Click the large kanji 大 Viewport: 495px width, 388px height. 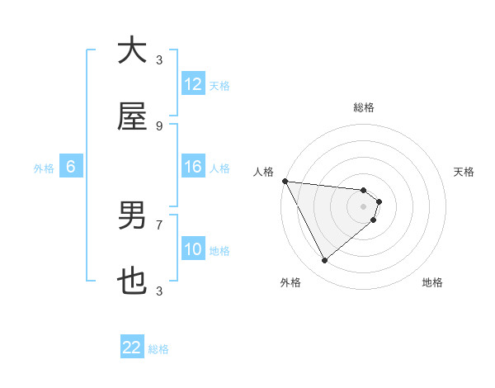[x=132, y=50]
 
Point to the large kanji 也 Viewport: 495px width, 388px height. [x=132, y=282]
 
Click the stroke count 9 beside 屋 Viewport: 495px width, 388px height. [x=159, y=126]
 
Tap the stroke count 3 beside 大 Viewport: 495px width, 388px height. [x=159, y=60]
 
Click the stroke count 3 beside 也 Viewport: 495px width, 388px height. [x=159, y=291]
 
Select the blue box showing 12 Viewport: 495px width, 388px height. [x=193, y=84]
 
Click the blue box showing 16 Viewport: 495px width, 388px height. [x=193, y=167]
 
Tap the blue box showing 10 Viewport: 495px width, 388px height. [x=193, y=249]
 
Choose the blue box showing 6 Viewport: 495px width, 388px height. [x=71, y=167]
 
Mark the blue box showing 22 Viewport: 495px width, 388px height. [x=132, y=348]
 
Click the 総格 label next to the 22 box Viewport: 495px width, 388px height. [x=158, y=349]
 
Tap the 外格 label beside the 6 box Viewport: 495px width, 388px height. [x=44, y=168]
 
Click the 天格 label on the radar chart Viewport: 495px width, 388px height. [x=464, y=172]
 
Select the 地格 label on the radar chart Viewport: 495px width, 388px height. [x=432, y=282]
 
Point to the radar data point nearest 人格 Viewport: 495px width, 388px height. [x=285, y=181]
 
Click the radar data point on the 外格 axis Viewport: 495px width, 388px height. [x=324, y=260]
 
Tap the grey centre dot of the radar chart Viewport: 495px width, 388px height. [x=363, y=206]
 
